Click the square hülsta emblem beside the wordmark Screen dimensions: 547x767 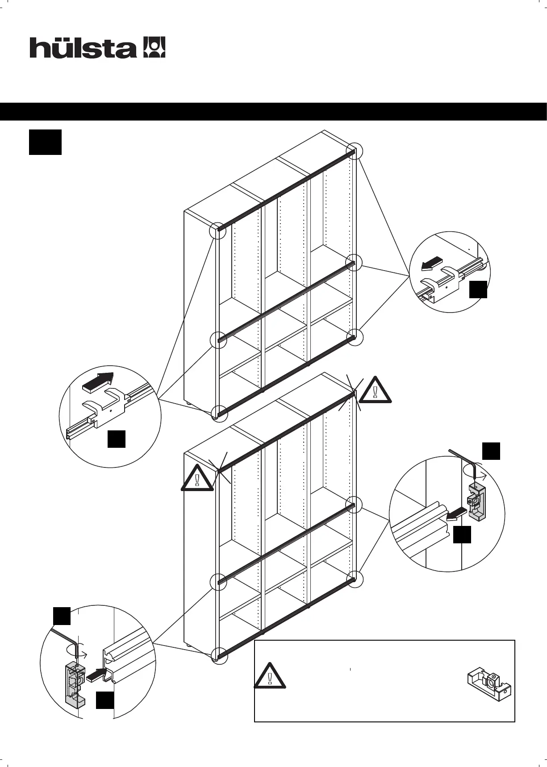(154, 47)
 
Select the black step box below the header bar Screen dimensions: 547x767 (45, 142)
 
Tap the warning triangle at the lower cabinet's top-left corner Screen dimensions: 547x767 (197, 479)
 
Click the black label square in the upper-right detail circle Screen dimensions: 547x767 (478, 289)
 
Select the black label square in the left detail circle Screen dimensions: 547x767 (117, 439)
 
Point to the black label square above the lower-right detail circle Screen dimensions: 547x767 (491, 451)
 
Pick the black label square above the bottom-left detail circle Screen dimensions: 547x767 (62, 616)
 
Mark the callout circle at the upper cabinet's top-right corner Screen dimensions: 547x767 (355, 151)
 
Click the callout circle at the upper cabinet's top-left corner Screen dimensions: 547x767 (218, 231)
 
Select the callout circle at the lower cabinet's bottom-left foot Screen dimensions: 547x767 (219, 655)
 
